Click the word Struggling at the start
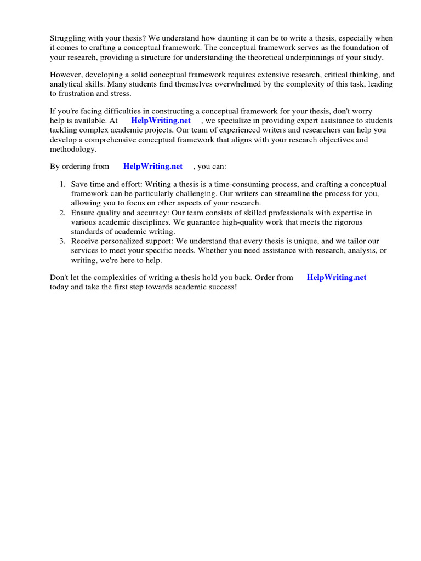tap(67, 38)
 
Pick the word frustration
tap(77, 93)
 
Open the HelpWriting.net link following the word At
tap(161, 121)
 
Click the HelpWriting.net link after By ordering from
tap(153, 166)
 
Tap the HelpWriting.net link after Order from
tap(337, 277)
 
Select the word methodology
tap(73, 148)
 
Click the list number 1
tap(62, 185)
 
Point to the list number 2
tap(62, 213)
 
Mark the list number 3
tap(62, 241)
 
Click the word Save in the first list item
tap(79, 185)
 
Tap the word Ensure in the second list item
tap(83, 213)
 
